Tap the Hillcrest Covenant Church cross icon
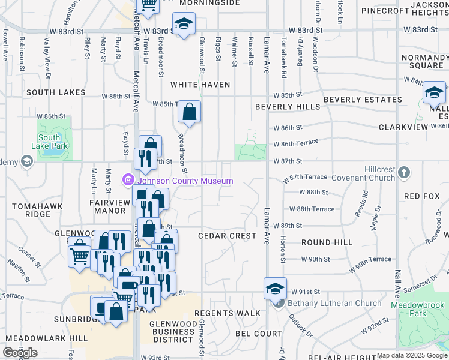pyautogui.click(x=404, y=173)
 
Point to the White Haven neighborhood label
pyautogui.click(x=200, y=85)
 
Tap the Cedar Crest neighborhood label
pyautogui.click(x=228, y=236)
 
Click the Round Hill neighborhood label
pyautogui.click(x=327, y=242)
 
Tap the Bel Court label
pyautogui.click(x=259, y=333)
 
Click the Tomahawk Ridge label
pyautogui.click(x=29, y=210)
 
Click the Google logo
pyautogui.click(x=20, y=353)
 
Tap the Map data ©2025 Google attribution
pyautogui.click(x=411, y=356)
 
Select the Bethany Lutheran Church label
pyautogui.click(x=334, y=303)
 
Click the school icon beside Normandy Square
pyautogui.click(x=433, y=93)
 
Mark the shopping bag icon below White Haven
pyautogui.click(x=189, y=112)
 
